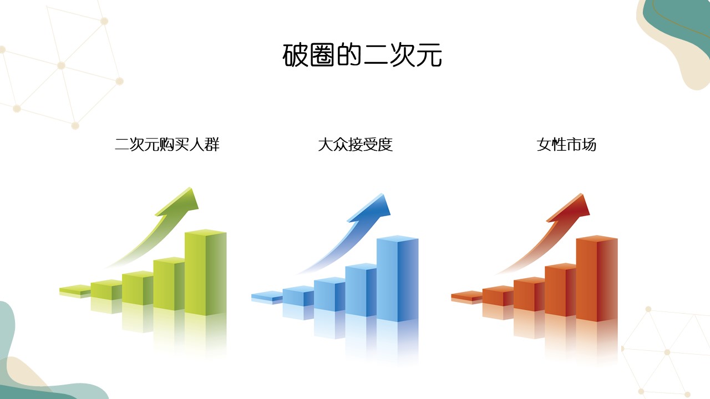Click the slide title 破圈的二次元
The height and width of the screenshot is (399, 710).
click(362, 55)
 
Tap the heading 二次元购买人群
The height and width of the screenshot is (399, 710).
click(167, 145)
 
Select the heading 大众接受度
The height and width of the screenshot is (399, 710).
click(356, 145)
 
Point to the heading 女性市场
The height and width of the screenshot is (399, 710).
click(566, 145)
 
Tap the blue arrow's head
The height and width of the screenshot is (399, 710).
click(373, 207)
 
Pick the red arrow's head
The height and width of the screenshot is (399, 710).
click(572, 207)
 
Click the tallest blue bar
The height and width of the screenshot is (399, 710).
click(398, 279)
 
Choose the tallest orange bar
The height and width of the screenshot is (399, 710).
click(597, 279)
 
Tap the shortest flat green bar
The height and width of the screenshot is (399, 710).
click(75, 291)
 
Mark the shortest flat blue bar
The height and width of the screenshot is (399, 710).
click(267, 297)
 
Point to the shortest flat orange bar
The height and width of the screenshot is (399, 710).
click(466, 297)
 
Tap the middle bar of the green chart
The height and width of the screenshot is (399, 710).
click(138, 288)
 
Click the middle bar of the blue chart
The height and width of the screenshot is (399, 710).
click(329, 294)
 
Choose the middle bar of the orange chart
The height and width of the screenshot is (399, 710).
click(529, 294)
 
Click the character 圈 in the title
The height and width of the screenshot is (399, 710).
click(322, 55)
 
